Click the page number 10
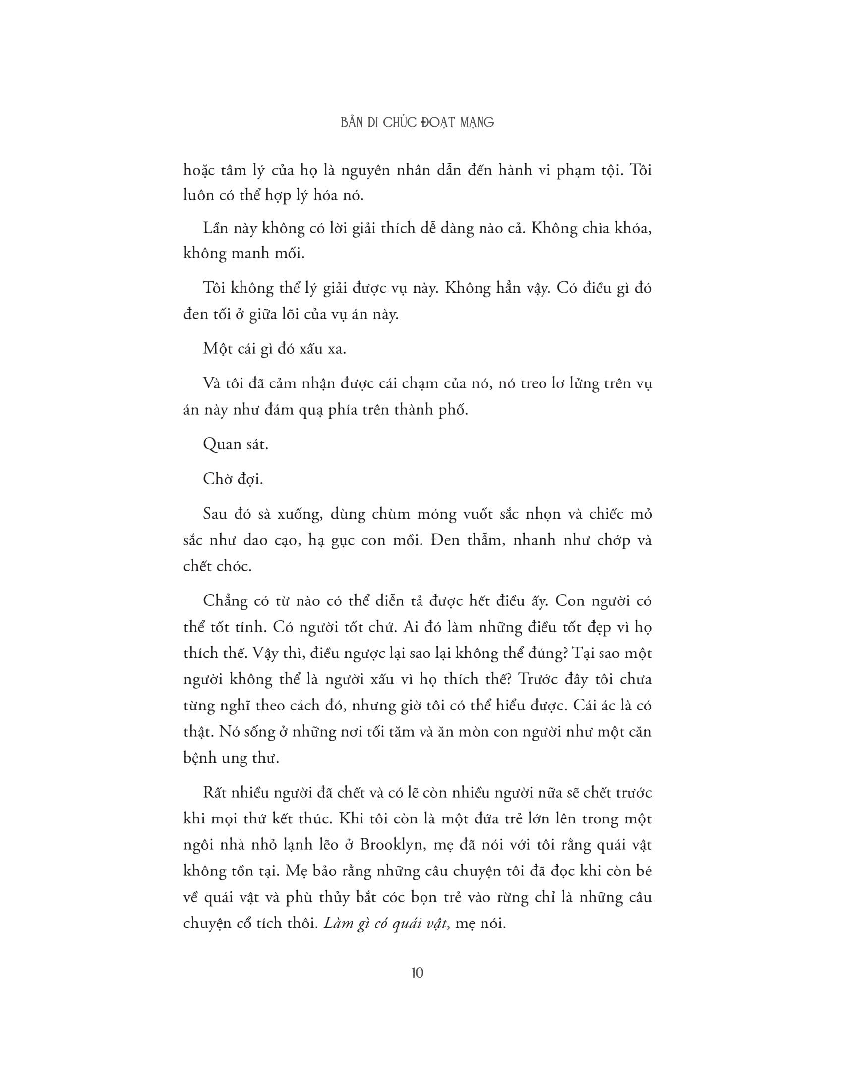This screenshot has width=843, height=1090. click(418, 973)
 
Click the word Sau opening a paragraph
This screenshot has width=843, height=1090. click(215, 514)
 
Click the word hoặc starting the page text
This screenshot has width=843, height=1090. click(199, 171)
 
